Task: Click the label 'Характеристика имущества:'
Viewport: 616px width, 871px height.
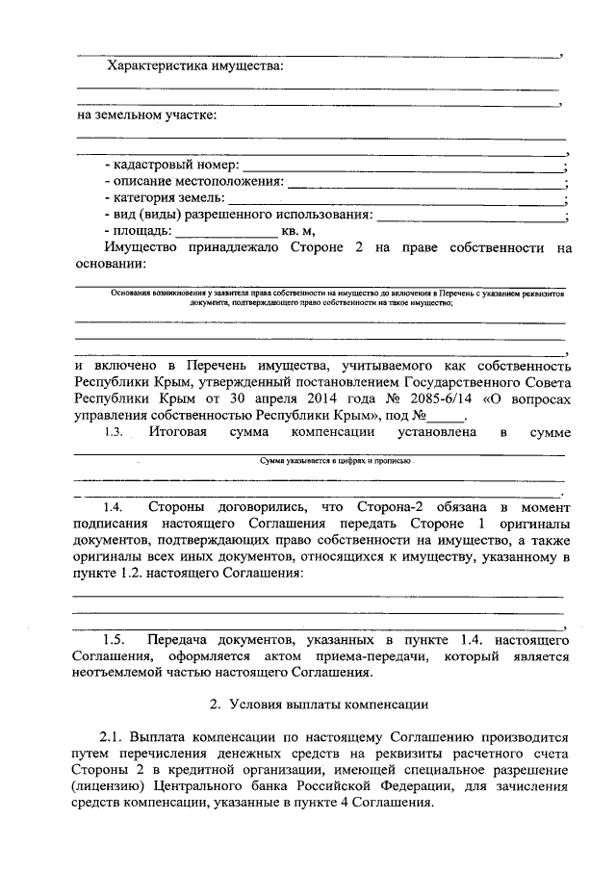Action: (194, 66)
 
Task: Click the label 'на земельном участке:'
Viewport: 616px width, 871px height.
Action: (146, 115)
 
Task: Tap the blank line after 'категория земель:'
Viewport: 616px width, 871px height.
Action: (396, 199)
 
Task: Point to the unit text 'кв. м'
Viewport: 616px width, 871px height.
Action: (297, 231)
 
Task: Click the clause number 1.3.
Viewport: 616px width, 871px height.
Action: (114, 434)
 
